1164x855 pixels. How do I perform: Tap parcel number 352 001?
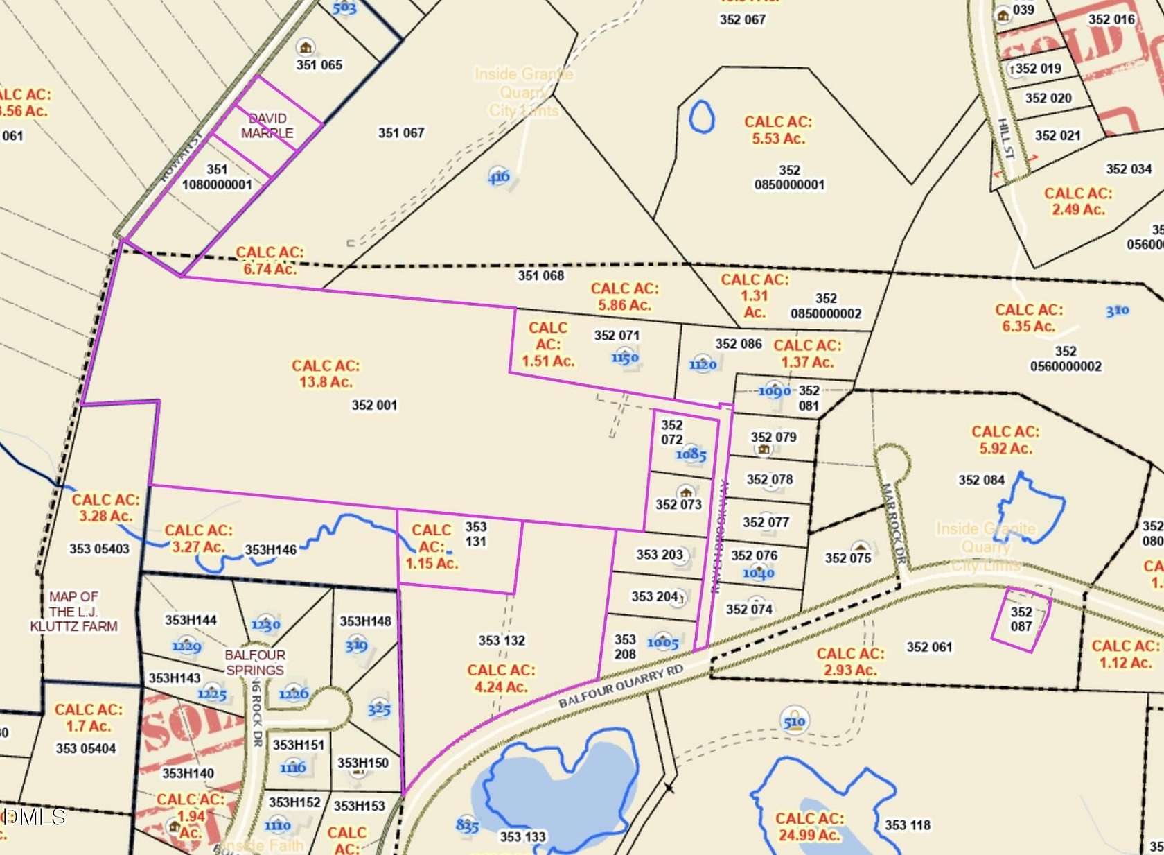(x=374, y=405)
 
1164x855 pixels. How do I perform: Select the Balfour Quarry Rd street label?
(x=621, y=686)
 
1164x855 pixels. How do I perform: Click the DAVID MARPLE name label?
(x=267, y=126)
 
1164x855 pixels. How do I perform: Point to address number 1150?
(x=624, y=358)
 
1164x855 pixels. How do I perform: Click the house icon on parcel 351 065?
(x=305, y=48)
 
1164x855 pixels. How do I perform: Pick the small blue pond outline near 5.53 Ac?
(x=701, y=116)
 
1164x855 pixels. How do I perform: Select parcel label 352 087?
(x=1021, y=619)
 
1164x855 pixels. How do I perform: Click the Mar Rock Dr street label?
(x=894, y=524)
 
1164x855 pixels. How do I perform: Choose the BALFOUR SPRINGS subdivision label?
(x=255, y=662)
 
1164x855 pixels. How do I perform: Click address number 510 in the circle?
(x=794, y=721)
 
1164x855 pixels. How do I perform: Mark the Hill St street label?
(x=1005, y=139)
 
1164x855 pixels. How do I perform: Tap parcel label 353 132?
(x=502, y=640)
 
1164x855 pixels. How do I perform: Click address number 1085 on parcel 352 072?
(x=691, y=455)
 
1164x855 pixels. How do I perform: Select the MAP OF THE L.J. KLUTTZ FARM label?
(x=73, y=611)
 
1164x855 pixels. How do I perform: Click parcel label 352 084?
(x=981, y=480)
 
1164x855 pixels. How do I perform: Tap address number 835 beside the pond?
(x=467, y=825)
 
